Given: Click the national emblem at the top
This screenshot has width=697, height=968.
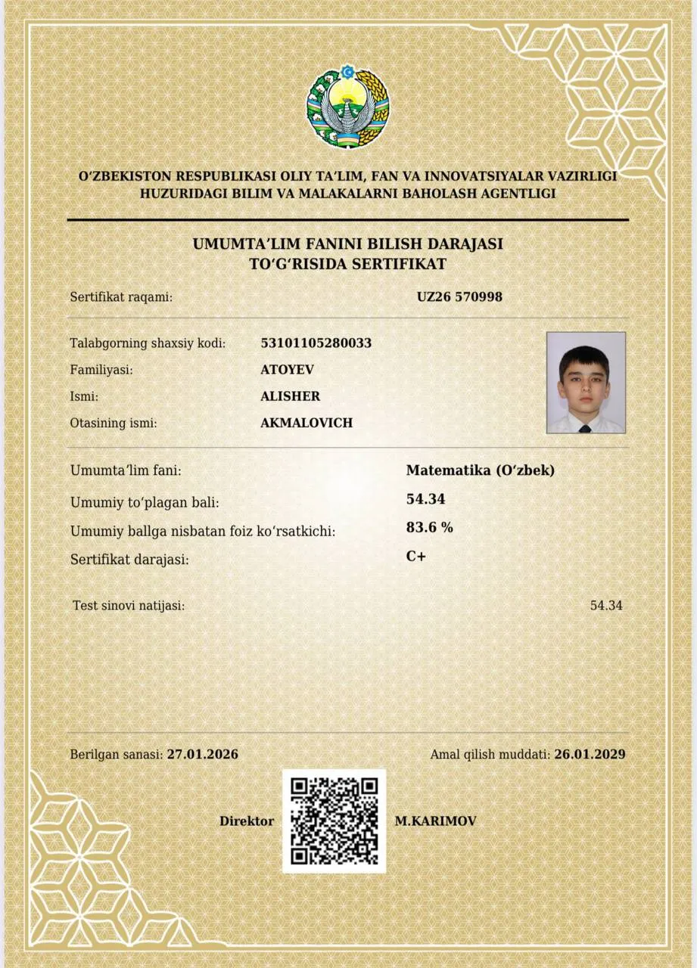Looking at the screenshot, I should pyautogui.click(x=347, y=107).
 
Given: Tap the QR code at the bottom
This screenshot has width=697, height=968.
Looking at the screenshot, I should pyautogui.click(x=334, y=821).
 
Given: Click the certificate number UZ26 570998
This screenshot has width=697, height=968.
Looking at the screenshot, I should pyautogui.click(x=459, y=296).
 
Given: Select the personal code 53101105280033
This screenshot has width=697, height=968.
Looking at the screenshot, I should pyautogui.click(x=316, y=343).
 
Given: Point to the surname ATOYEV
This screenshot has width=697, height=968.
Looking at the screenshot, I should pyautogui.click(x=287, y=369).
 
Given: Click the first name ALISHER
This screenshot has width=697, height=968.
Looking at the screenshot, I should pyautogui.click(x=290, y=396).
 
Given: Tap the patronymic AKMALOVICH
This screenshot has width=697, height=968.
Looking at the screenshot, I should pyautogui.click(x=306, y=423).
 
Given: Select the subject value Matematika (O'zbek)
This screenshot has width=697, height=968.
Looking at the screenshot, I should pyautogui.click(x=481, y=470).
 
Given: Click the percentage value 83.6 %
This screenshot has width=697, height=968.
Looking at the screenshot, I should pyautogui.click(x=429, y=527).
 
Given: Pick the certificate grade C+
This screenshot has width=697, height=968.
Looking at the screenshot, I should pyautogui.click(x=416, y=556).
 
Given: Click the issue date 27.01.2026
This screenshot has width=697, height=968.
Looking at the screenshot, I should pyautogui.click(x=202, y=754).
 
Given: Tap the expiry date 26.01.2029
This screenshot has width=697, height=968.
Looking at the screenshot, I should pyautogui.click(x=590, y=754).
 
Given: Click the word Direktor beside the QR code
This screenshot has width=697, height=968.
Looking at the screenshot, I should pyautogui.click(x=247, y=821).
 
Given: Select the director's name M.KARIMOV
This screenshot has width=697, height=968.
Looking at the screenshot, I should pyautogui.click(x=435, y=821).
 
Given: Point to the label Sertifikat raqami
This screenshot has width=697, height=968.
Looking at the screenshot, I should pyautogui.click(x=121, y=297).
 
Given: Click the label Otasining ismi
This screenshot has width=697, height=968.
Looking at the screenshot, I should pyautogui.click(x=114, y=423).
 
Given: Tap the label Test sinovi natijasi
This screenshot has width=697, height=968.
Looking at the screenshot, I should pyautogui.click(x=129, y=605).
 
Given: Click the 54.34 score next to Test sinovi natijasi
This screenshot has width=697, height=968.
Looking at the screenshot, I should pyautogui.click(x=605, y=605).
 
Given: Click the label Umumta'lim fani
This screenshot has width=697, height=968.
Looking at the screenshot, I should pyautogui.click(x=126, y=470).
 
